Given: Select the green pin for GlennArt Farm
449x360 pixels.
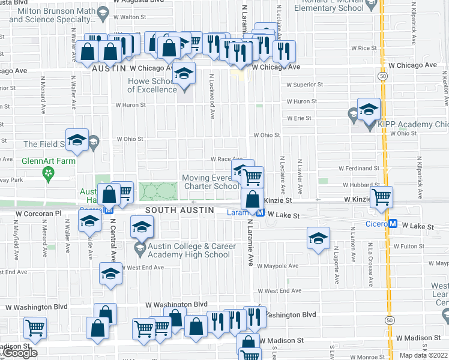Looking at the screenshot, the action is (x=47, y=173).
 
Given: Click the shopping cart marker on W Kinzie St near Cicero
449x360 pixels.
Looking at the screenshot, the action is (x=381, y=197).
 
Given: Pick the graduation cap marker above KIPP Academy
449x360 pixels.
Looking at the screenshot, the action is (x=369, y=109).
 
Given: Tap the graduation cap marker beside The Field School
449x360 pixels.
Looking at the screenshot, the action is (x=77, y=140).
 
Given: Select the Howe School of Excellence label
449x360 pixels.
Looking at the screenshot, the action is (x=153, y=85).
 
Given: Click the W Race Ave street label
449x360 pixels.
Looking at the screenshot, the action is (x=225, y=159).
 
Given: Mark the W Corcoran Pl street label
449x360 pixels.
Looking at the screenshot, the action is (x=39, y=213).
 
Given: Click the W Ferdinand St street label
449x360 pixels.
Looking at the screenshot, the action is (x=359, y=169).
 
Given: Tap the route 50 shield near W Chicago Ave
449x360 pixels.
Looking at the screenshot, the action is (x=382, y=76).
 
